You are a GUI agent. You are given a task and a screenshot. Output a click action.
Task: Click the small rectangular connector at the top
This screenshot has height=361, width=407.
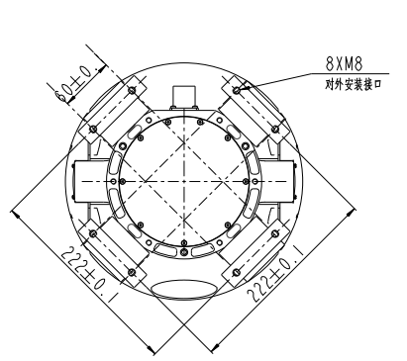[x=183, y=95]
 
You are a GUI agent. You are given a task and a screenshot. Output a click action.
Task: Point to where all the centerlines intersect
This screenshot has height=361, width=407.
[x=183, y=180]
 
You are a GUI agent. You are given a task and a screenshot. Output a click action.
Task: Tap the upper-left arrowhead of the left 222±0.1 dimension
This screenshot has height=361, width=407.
[x=13, y=210]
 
